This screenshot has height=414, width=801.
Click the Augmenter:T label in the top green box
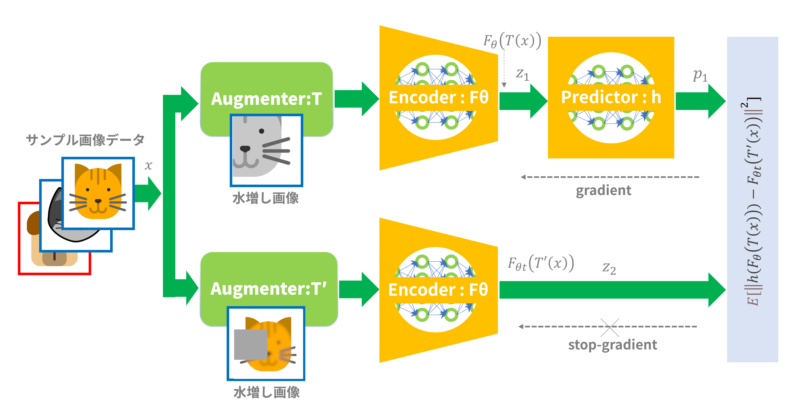[266, 99]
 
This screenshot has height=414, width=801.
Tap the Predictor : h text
[611, 97]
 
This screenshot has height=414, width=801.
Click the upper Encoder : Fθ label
[438, 97]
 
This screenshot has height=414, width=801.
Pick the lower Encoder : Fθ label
[438, 290]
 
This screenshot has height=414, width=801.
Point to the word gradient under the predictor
[603, 190]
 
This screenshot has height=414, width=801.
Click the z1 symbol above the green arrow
[522, 75]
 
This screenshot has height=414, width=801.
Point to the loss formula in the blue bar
[753, 202]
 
